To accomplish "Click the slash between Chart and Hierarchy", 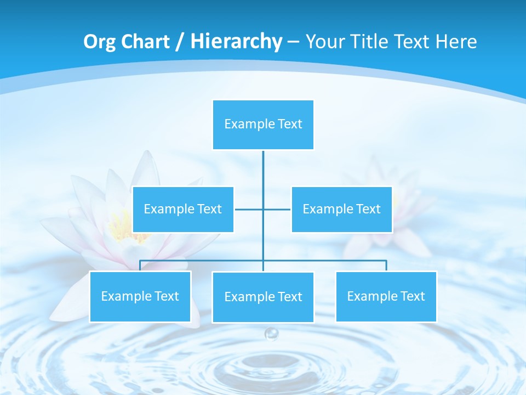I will point(180,42).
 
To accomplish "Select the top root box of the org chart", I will point(263,125).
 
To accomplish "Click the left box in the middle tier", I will point(183,210).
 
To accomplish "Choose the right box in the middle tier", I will point(341,210).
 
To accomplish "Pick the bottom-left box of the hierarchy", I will point(140,297).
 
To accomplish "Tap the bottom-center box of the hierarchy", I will point(263,297).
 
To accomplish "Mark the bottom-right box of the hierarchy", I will point(386,297).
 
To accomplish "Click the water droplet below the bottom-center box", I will point(271,334).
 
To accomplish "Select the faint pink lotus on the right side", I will point(384,214).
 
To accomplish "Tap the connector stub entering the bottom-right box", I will point(386,266).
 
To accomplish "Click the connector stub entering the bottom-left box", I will point(140,266).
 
